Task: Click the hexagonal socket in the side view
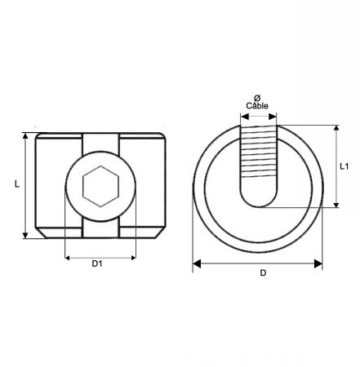pos(100,187)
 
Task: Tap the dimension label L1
pos(344,166)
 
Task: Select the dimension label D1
pos(97,263)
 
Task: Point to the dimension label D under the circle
pos(263,272)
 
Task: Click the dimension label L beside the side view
pos(17,184)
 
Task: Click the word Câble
pos(257,105)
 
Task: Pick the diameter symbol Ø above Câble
pos(257,98)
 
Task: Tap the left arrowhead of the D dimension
pos(197,263)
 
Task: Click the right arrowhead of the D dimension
pos(318,263)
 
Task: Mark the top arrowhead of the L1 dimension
pos(336,128)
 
